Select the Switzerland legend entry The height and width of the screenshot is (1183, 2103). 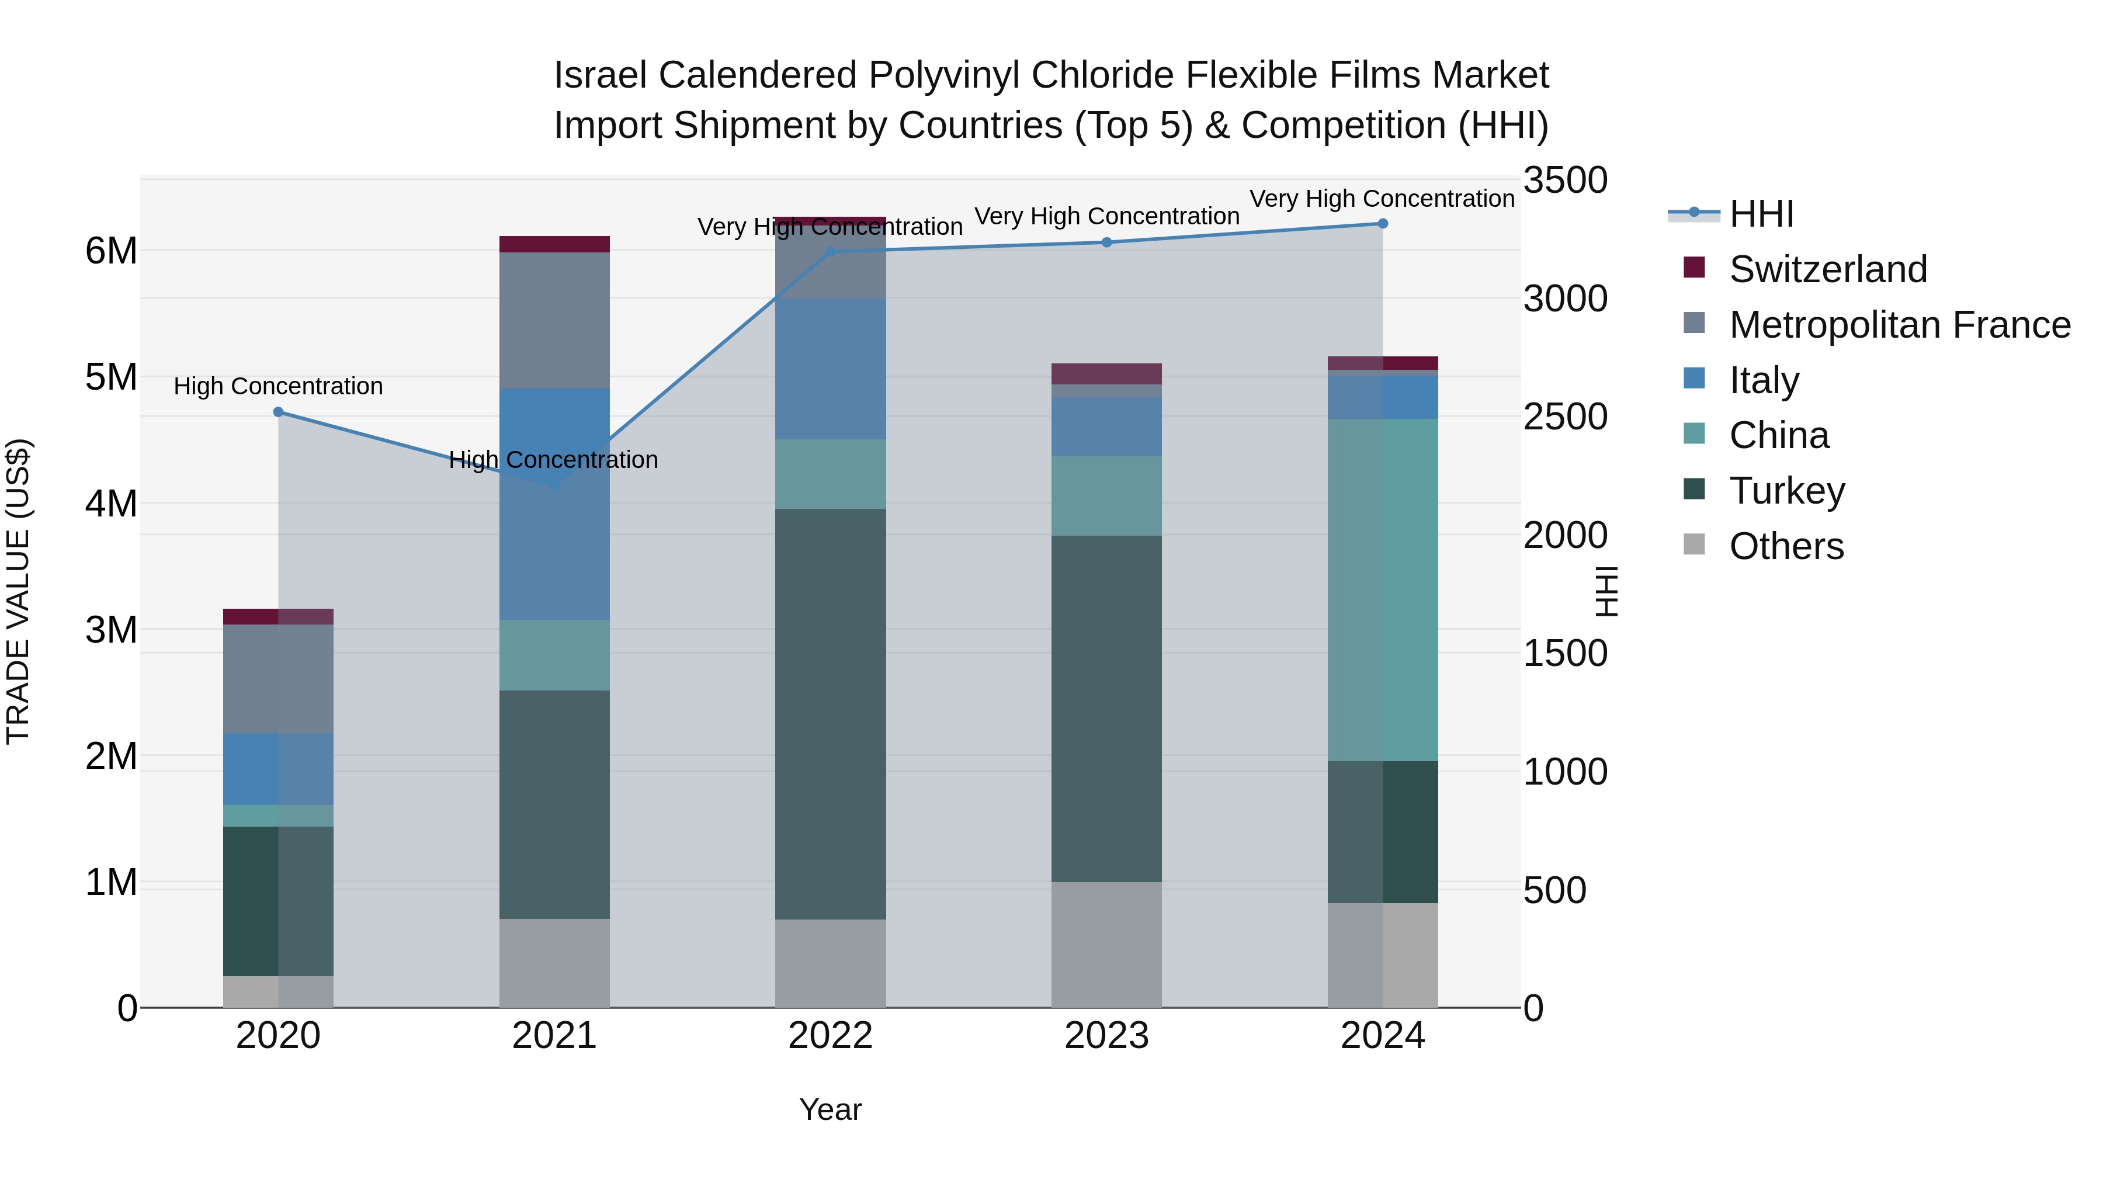1827,269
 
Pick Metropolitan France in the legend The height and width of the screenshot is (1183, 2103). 1899,325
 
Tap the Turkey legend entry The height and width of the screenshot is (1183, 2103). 1786,491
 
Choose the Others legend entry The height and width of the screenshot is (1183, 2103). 1786,546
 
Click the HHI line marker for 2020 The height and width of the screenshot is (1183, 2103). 279,412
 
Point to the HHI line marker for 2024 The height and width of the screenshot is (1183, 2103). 1382,224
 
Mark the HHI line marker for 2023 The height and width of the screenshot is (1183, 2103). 1106,242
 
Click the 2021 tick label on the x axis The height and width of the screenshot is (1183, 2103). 554,1036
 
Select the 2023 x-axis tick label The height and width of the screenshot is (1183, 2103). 1106,1036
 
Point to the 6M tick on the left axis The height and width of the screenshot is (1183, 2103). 111,251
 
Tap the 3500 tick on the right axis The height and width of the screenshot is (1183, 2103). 1565,181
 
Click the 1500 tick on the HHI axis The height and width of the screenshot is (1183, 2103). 1565,653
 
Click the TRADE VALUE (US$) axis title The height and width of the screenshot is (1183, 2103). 18,591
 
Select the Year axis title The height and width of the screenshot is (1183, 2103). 830,1109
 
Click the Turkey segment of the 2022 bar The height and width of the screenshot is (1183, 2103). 830,714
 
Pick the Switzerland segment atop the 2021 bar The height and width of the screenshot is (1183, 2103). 554,244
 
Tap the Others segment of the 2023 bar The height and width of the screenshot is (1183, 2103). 1106,945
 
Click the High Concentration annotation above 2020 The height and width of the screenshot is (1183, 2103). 279,386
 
